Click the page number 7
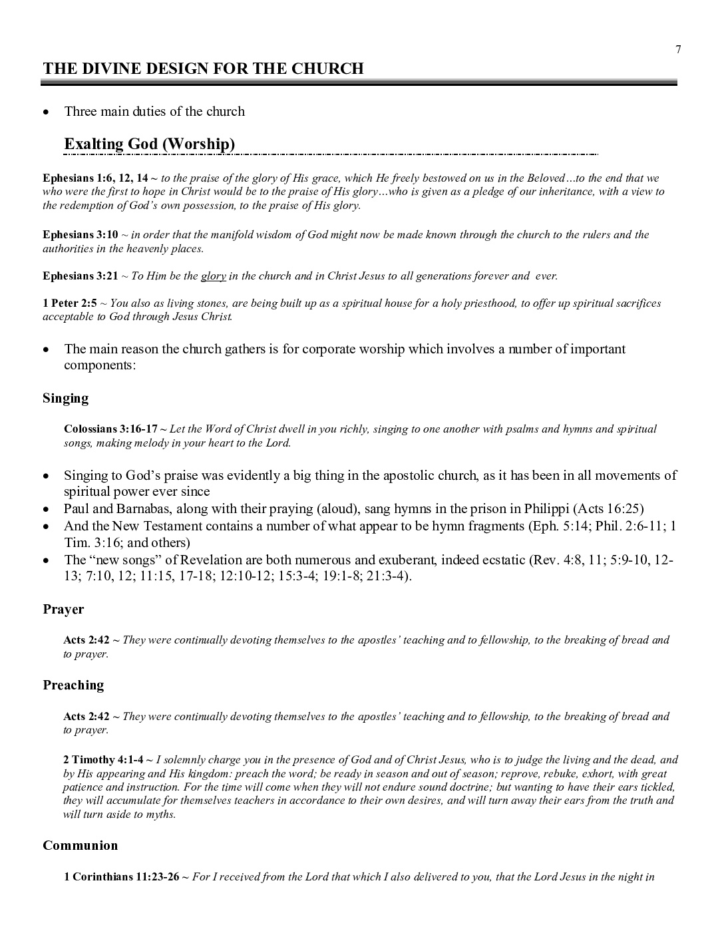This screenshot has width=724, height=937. click(x=678, y=49)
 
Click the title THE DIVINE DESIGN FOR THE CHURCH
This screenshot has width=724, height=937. click(x=203, y=69)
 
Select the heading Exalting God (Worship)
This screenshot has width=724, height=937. click(x=149, y=144)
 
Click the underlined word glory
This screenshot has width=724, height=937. click(x=214, y=276)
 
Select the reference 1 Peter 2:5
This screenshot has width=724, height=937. click(x=70, y=303)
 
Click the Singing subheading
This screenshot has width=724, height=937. click(x=65, y=398)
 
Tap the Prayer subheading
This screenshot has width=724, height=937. click(x=63, y=609)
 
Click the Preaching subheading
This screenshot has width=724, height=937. click(x=73, y=685)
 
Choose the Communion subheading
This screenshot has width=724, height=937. click(x=80, y=845)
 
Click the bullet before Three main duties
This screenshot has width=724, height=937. click(x=46, y=112)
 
